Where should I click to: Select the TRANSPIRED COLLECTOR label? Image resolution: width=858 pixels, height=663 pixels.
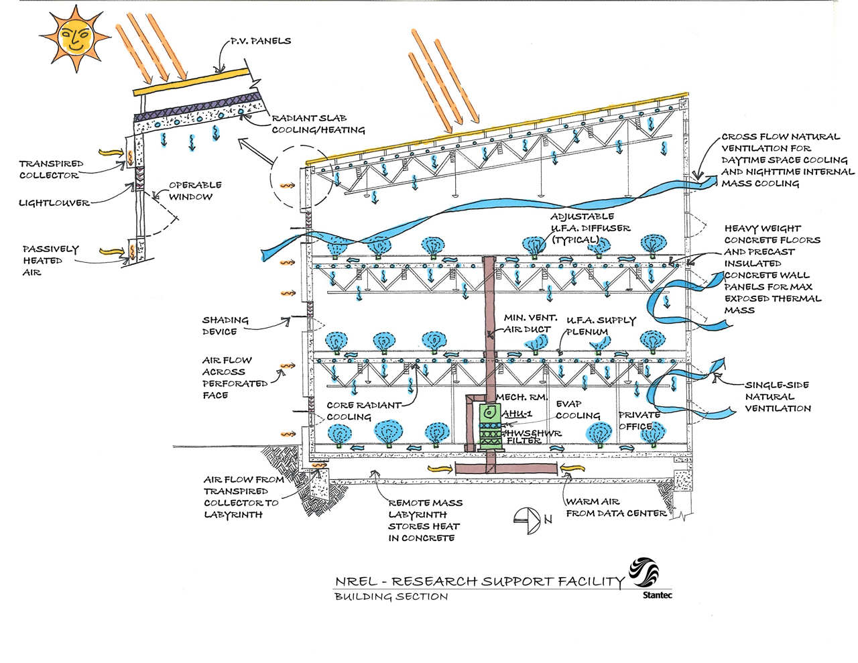coord(51,169)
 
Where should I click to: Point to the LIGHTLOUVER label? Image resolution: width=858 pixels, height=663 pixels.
coord(54,202)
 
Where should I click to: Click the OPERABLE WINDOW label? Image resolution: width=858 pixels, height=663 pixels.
coord(195,190)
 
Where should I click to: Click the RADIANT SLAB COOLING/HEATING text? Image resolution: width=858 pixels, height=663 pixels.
coord(318,125)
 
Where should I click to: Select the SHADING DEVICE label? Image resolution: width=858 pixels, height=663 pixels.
coord(225,326)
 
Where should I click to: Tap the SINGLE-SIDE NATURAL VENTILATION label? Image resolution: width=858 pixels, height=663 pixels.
coord(778,396)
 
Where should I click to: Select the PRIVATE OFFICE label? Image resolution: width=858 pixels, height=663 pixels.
coord(639,420)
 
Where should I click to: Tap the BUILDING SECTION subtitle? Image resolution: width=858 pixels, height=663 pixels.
coord(391,596)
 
